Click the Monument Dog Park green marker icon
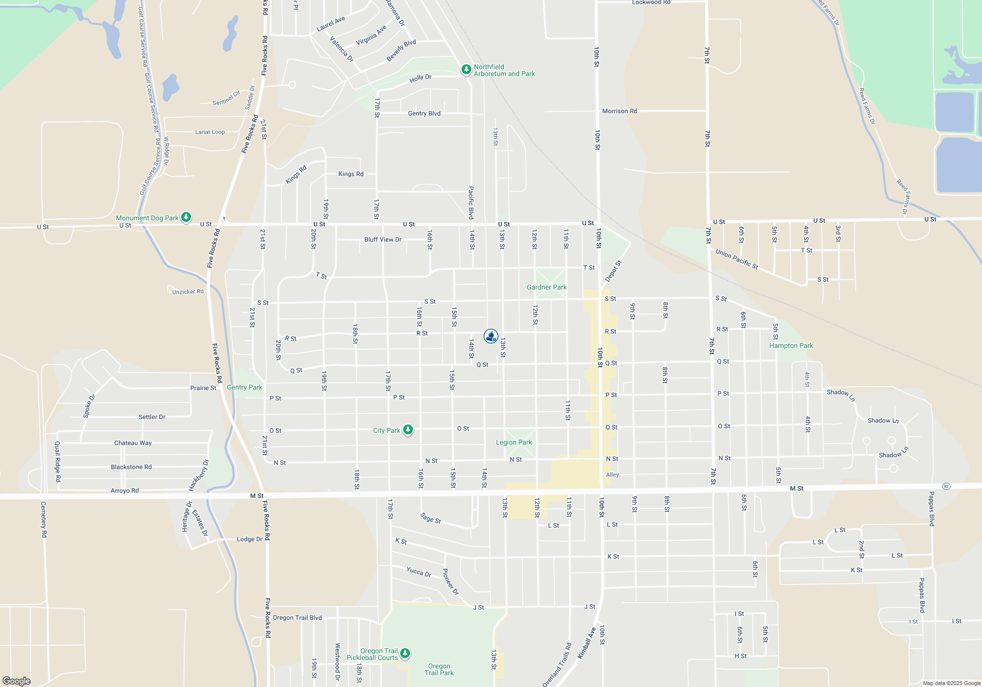pyautogui.click(x=186, y=217)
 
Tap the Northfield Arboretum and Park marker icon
pyautogui.click(x=466, y=70)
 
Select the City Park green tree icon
pyautogui.click(x=408, y=430)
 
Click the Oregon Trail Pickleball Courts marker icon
pyautogui.click(x=405, y=653)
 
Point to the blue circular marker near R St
pyautogui.click(x=491, y=336)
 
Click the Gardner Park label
pyautogui.click(x=546, y=287)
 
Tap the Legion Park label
pyautogui.click(x=514, y=442)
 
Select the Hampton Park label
pyautogui.click(x=791, y=345)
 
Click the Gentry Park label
pyautogui.click(x=245, y=387)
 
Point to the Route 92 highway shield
pyautogui.click(x=946, y=486)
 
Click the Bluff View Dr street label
pyautogui.click(x=382, y=239)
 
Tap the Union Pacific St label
pyautogui.click(x=736, y=259)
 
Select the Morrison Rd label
pyautogui.click(x=619, y=111)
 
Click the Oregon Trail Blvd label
pyautogui.click(x=297, y=617)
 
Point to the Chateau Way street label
pyautogui.click(x=133, y=443)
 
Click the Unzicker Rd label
pyautogui.click(x=188, y=291)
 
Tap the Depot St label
pyautogui.click(x=613, y=271)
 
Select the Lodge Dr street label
pyautogui.click(x=249, y=539)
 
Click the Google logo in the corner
pyautogui.click(x=17, y=681)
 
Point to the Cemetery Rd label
pyautogui.click(x=44, y=519)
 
